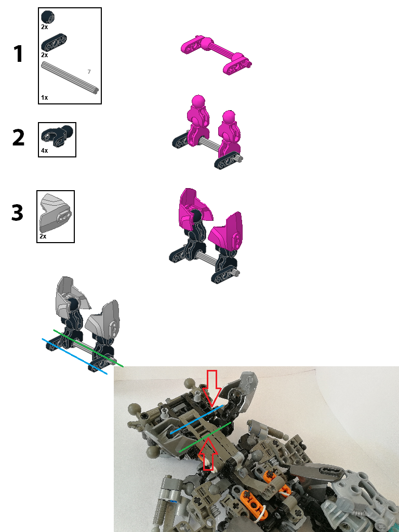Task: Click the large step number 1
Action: [18, 55]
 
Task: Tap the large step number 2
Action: [18, 138]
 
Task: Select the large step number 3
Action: [18, 213]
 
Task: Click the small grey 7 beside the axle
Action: [89, 71]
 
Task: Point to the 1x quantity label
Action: [44, 97]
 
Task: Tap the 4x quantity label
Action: [44, 151]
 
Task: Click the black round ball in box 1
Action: [47, 17]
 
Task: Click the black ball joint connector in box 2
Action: [57, 136]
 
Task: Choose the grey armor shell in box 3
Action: [55, 212]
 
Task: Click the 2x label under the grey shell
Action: [43, 236]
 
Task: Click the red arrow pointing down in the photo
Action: [212, 387]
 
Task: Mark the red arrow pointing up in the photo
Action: [209, 454]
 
